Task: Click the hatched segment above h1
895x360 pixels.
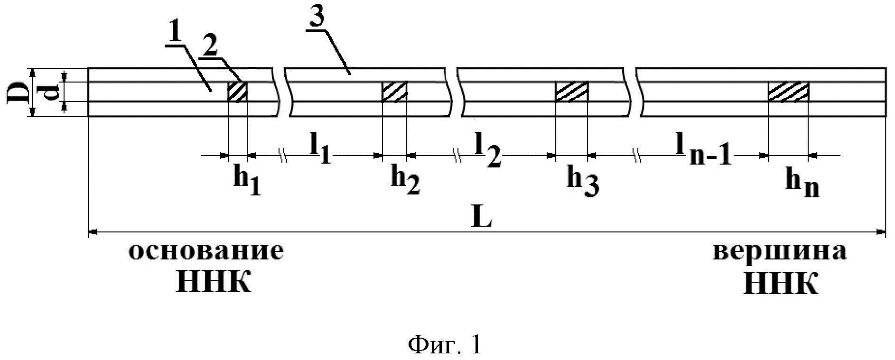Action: (238, 92)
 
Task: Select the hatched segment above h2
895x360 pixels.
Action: (394, 92)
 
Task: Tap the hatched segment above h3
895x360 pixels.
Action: (571, 92)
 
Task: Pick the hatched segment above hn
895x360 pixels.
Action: (788, 92)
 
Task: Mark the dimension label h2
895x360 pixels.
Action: (404, 182)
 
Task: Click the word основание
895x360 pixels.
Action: (206, 252)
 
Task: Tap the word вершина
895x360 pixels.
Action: (780, 252)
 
